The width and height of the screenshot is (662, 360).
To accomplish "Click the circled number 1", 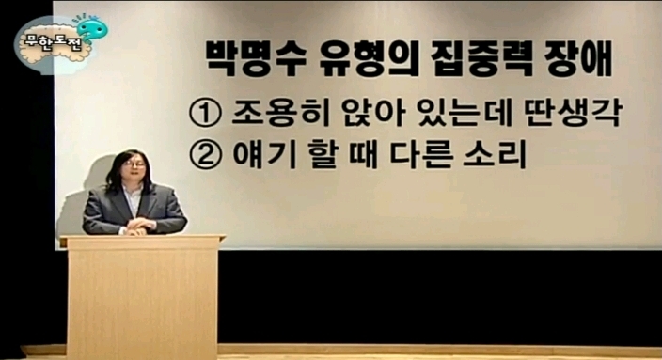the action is pyautogui.click(x=205, y=114).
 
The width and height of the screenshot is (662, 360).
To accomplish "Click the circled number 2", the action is pyautogui.click(x=205, y=154).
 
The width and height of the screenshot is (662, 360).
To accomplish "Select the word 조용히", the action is pyautogui.click(x=280, y=113).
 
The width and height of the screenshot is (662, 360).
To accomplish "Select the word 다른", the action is pyautogui.click(x=420, y=154).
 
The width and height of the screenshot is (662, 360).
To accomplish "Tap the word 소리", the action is pyautogui.click(x=495, y=154).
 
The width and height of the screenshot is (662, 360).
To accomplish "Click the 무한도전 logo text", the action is pyautogui.click(x=53, y=44).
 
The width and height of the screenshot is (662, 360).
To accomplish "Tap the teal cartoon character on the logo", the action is pyautogui.click(x=91, y=29).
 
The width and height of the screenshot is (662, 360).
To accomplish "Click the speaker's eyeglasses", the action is pyautogui.click(x=134, y=164).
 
